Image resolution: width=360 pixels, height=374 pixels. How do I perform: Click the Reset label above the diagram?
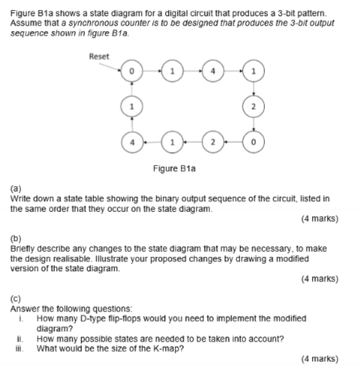99,56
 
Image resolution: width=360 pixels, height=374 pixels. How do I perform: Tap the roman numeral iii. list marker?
20,348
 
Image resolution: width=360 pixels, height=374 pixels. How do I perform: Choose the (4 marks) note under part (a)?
319,219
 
